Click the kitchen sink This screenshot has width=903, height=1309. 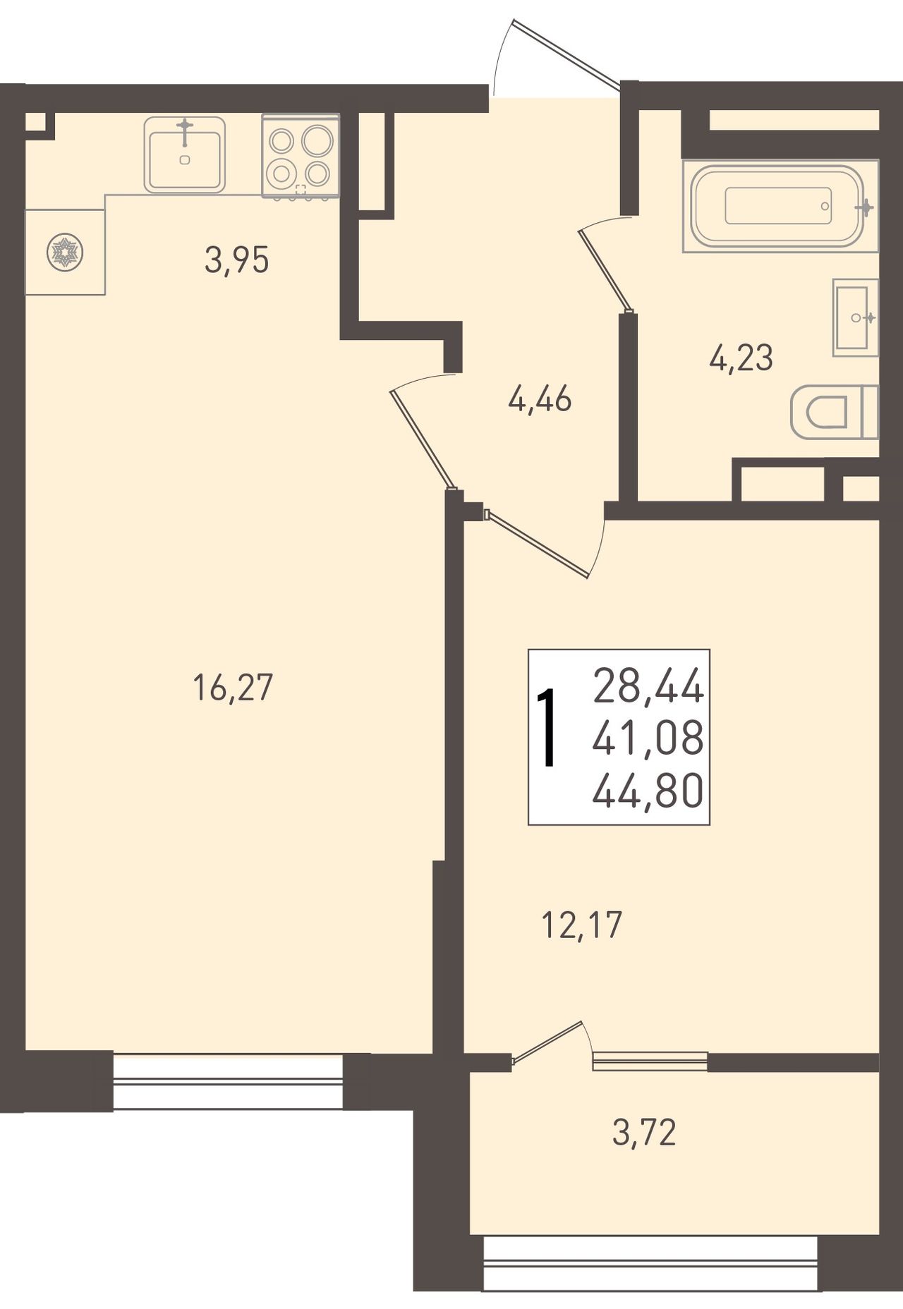185,155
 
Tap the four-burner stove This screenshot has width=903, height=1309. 301,155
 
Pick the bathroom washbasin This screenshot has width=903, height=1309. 855,317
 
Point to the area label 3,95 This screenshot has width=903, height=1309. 237,261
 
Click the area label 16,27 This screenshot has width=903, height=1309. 232,688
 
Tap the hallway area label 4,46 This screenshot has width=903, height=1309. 540,400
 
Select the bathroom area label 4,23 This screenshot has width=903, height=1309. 741,358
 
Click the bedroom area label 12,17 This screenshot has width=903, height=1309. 582,925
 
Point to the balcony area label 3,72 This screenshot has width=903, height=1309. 644,1133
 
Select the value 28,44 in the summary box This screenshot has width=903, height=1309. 648,686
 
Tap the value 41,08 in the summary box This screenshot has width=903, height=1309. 648,738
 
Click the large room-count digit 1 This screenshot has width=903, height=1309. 547,728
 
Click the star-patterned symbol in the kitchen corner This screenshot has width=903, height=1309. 65,252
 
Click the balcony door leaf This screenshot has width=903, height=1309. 547,1040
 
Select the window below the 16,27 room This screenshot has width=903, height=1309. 228,1082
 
